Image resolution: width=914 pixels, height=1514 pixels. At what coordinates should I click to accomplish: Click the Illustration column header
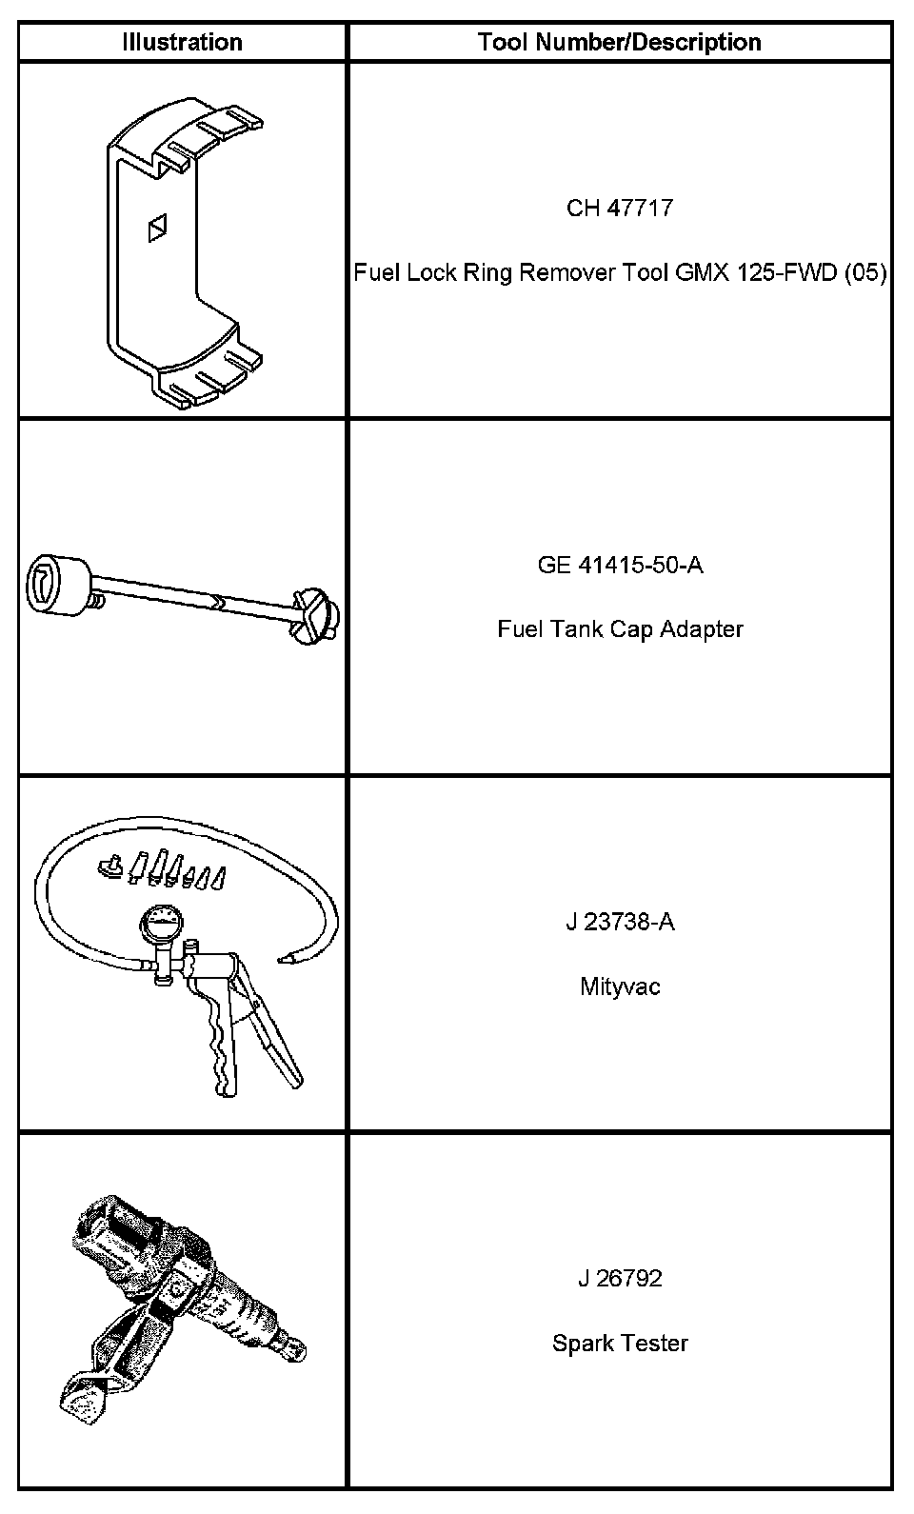pyautogui.click(x=182, y=42)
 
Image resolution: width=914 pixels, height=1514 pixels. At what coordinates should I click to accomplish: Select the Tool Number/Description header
pyautogui.click(x=619, y=42)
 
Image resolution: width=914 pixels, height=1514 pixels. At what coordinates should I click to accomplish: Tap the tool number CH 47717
pyautogui.click(x=619, y=208)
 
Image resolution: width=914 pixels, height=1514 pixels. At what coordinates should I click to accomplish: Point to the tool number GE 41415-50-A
pyautogui.click(x=620, y=565)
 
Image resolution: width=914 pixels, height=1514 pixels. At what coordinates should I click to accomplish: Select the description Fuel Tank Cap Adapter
pyautogui.click(x=620, y=629)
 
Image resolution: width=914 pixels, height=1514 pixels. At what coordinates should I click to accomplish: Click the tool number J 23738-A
pyautogui.click(x=620, y=922)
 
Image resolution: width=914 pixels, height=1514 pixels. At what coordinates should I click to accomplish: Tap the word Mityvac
pyautogui.click(x=620, y=986)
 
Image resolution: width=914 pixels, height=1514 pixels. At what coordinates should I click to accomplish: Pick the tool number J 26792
pyautogui.click(x=620, y=1278)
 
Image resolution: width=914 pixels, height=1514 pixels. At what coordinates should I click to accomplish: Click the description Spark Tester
pyautogui.click(x=620, y=1344)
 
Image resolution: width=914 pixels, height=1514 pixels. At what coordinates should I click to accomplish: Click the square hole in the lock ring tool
pyautogui.click(x=158, y=228)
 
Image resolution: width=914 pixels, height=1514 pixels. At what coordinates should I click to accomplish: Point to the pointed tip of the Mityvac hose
pyautogui.click(x=283, y=960)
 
